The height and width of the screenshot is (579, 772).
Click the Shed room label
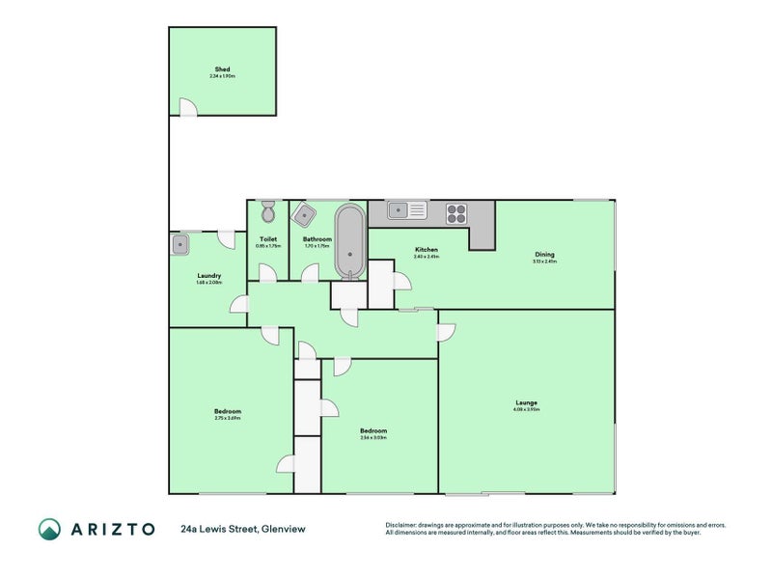222,69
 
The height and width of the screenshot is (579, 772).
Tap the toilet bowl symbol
268,211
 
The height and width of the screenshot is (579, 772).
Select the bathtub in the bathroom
348,240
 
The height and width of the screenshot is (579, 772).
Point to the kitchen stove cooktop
456,212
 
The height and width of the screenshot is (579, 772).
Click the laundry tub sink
179,244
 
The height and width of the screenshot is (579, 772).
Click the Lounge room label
526,402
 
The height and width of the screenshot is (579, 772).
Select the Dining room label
545,254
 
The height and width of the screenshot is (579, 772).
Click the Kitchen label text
427,249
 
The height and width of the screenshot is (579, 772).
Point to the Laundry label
208,275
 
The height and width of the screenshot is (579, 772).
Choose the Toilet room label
267,238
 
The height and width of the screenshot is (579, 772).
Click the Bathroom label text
317,238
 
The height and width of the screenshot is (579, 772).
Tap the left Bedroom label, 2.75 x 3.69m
228,411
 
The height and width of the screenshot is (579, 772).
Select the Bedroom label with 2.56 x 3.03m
373,430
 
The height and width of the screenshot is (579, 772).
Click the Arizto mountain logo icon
49,529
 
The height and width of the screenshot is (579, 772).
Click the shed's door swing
185,107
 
